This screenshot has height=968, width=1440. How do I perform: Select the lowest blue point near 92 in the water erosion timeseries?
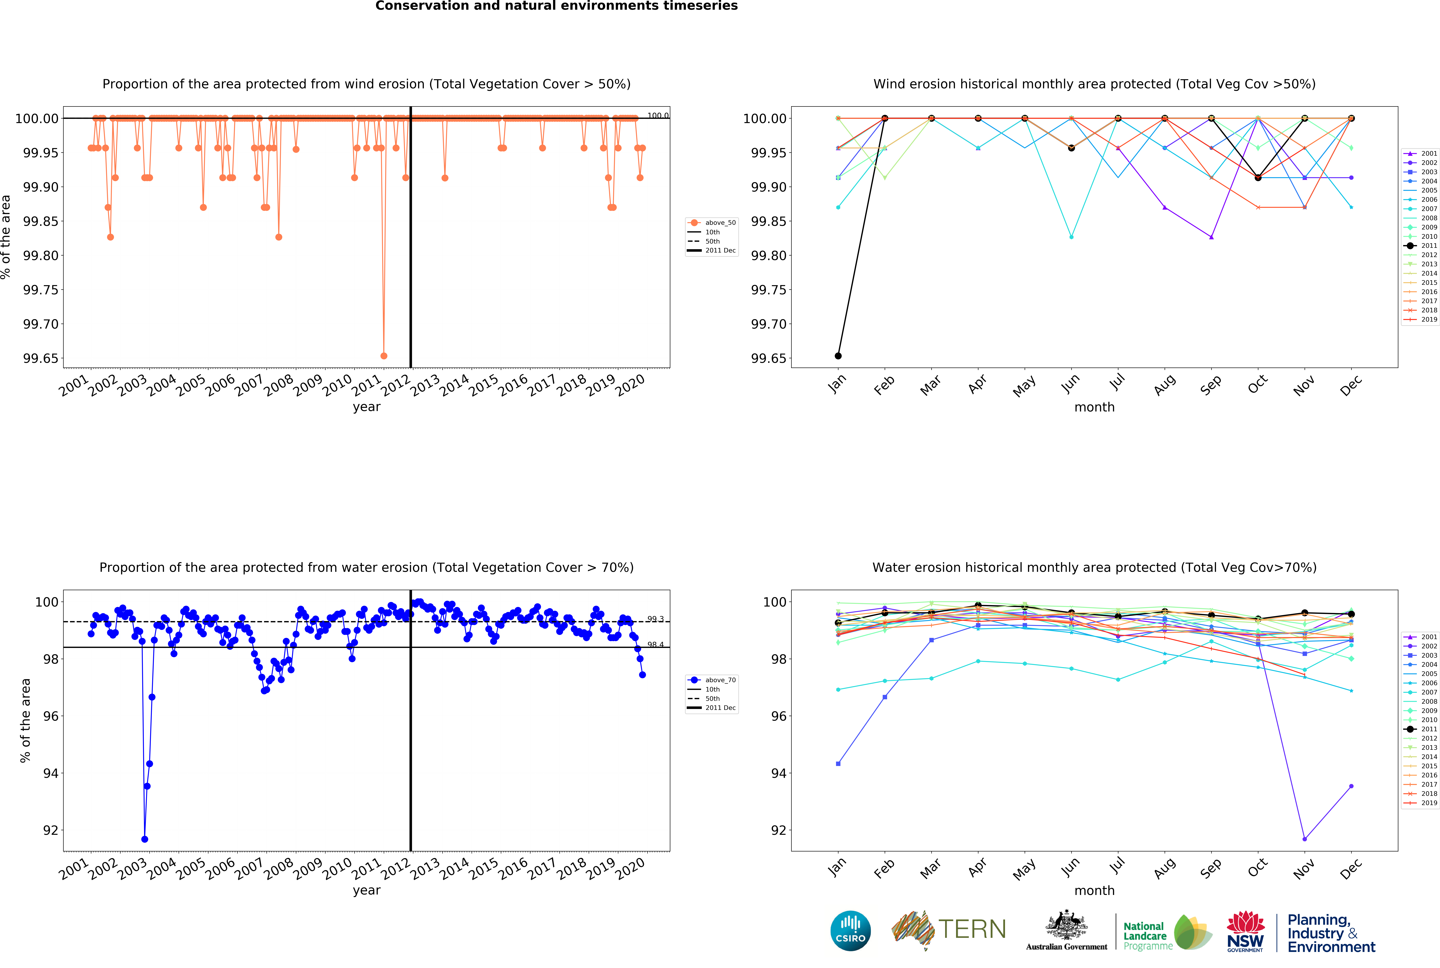coord(144,839)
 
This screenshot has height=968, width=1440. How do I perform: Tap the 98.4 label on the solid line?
coord(655,645)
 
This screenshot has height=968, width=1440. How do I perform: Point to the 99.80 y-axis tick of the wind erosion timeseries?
coord(41,256)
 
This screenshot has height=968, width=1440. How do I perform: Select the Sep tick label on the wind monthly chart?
coord(1211,385)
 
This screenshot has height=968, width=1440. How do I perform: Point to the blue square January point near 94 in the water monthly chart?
coord(838,764)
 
